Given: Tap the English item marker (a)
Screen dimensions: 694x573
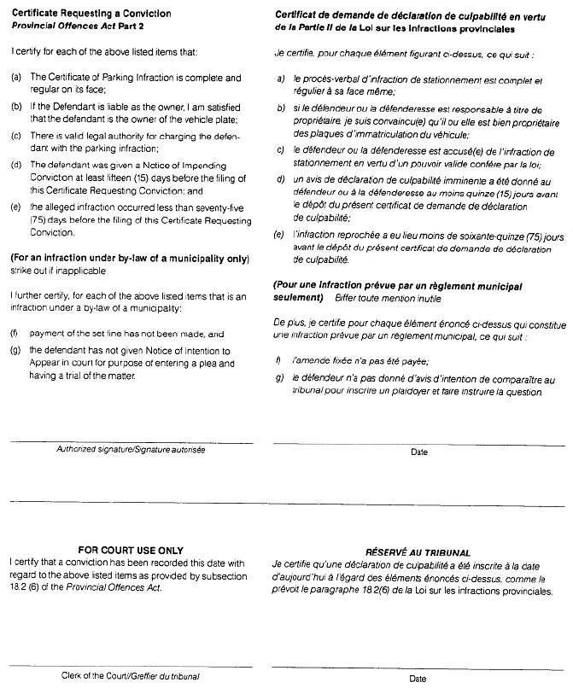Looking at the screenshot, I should point(15,78).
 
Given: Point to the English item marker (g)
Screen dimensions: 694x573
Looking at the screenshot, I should point(15,350).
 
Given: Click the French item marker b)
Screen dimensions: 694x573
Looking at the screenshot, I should point(281,108).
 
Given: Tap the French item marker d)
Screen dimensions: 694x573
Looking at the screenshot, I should point(281,181).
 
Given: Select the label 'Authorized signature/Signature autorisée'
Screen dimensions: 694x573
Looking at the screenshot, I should point(131,449).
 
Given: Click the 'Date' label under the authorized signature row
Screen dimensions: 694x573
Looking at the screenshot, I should point(418,452).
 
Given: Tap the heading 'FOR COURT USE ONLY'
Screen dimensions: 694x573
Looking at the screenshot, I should point(131,551).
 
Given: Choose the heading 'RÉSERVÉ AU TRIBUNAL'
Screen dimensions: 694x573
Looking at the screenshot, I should point(418,553).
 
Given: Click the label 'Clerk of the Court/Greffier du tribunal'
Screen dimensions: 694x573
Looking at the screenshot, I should point(132,676).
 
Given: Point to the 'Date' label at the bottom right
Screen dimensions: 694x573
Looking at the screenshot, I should point(418,679).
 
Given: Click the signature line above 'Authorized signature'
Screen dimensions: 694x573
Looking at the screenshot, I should point(131,440).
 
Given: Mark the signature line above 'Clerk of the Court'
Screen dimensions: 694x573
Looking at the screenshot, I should point(131,666).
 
